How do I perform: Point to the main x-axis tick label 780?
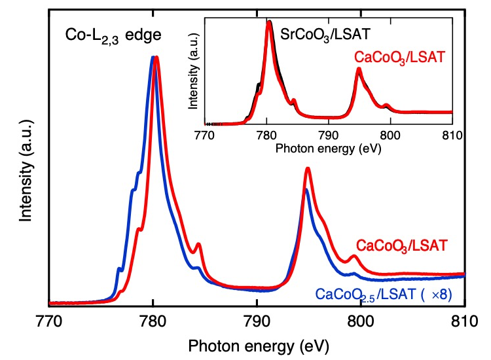[x=153, y=321]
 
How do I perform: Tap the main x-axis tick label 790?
[x=257, y=321]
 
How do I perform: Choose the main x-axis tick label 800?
[x=360, y=321]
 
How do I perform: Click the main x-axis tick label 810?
[x=464, y=321]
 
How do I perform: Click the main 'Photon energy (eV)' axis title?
[x=256, y=344]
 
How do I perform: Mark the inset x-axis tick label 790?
[x=329, y=135]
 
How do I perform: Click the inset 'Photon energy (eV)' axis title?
[x=328, y=148]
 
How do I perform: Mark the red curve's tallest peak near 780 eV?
[x=156, y=58]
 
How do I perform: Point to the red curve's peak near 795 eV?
[x=307, y=169]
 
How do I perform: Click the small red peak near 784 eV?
[x=198, y=244]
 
